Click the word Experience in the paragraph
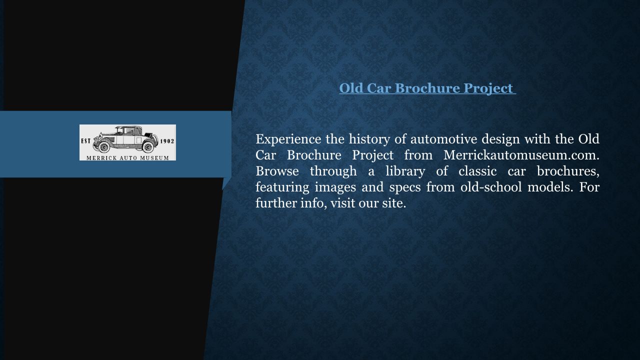point(288,139)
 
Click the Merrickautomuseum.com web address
point(521,155)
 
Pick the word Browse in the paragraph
point(277,171)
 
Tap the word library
point(405,171)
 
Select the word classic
point(477,171)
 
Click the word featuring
point(282,187)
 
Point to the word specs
point(405,187)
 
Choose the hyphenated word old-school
point(491,187)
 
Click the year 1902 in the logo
point(167,141)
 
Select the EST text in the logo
point(86,141)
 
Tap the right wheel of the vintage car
point(147,147)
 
